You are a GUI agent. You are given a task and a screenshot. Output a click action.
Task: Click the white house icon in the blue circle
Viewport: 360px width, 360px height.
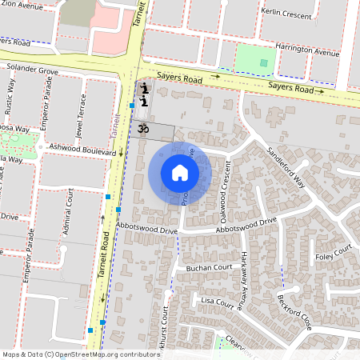coord(180,173)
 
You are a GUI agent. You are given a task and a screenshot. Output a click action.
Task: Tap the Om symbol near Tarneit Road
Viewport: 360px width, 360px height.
coord(144,127)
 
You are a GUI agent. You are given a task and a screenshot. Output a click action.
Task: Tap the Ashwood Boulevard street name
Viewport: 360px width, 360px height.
coord(82,149)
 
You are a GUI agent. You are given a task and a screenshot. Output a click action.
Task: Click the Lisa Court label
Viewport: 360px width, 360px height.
coord(216,301)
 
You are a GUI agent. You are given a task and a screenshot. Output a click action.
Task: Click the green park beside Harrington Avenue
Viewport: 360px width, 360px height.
coord(255,58)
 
